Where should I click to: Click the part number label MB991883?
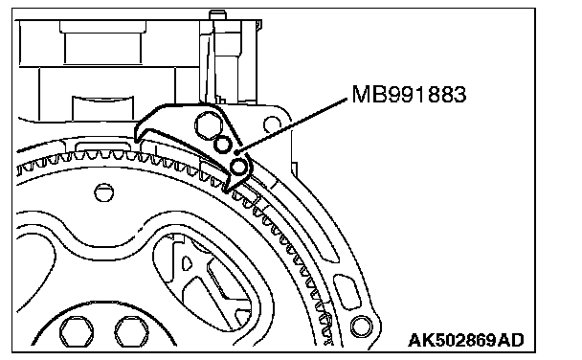coord(409,94)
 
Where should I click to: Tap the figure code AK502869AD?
coord(466,340)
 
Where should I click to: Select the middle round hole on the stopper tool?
coord(222,145)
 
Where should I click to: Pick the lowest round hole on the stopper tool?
coord(238,167)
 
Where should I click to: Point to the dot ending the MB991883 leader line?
coord(237,152)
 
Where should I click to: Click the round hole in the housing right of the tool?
coord(272,124)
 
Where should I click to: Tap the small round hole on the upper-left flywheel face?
coord(104,192)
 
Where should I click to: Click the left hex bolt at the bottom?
coord(77,331)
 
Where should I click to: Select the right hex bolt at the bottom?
coord(131,331)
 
